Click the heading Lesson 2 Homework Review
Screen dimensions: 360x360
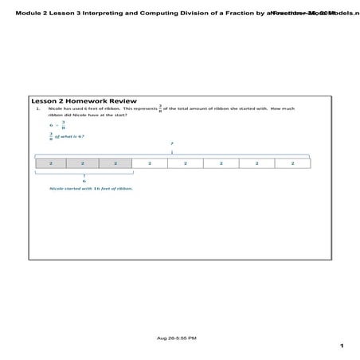tap(84, 101)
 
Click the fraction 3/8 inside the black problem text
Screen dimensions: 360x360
tap(160, 108)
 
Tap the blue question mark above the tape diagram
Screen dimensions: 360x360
tap(172, 143)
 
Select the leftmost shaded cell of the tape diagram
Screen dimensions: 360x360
tap(51, 163)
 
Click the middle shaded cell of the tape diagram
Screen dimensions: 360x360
tap(84, 163)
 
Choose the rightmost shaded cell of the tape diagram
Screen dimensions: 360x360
tap(116, 163)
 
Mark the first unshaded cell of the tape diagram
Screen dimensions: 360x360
tap(150, 163)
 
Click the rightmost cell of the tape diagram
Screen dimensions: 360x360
tap(292, 163)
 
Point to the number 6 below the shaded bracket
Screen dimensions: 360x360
tap(84, 180)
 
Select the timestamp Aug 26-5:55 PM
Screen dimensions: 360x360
tap(179, 338)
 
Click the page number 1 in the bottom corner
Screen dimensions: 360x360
tap(341, 346)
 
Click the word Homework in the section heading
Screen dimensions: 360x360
tap(89, 101)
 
